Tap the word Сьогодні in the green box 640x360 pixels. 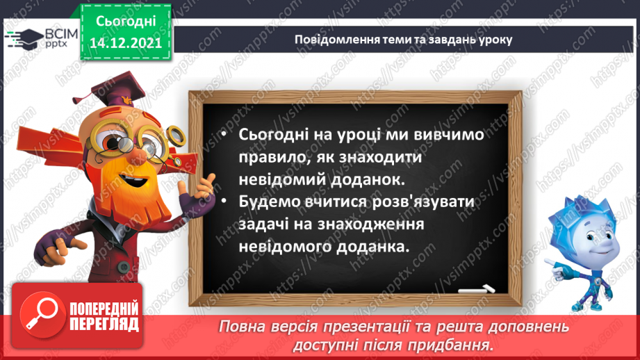126,21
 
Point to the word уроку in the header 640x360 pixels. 494,40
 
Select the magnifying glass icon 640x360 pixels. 40,314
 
